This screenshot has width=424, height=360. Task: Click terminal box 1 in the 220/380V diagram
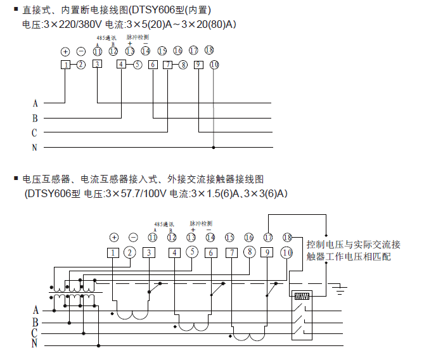(65, 64)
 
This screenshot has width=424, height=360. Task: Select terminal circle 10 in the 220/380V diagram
(214, 64)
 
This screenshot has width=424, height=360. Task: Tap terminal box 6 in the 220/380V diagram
(153, 64)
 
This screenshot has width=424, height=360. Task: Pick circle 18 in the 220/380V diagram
(209, 50)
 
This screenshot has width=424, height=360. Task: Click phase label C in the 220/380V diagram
(35, 132)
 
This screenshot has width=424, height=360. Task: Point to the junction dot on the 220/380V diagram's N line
(214, 148)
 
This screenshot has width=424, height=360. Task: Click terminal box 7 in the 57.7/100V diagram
(233, 252)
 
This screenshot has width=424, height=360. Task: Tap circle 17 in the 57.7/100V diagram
(268, 237)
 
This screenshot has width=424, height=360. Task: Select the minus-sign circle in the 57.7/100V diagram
(133, 237)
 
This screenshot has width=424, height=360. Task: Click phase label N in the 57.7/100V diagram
(35, 344)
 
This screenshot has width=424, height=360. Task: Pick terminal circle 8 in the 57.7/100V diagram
(249, 252)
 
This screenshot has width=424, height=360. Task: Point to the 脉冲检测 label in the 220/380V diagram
(137, 37)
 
